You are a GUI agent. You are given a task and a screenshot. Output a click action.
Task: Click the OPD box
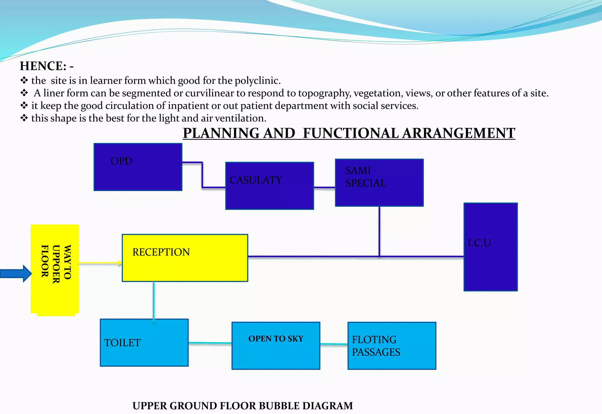[138, 167]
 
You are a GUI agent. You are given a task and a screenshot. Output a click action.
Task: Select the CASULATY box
[269, 186]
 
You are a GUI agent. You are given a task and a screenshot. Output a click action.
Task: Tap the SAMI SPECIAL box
[379, 183]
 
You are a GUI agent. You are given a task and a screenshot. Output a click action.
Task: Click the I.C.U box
[490, 247]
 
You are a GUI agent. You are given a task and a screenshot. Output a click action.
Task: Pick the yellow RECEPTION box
[185, 258]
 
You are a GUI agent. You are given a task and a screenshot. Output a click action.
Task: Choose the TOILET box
[144, 343]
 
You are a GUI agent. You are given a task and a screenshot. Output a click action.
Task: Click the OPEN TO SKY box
[276, 346]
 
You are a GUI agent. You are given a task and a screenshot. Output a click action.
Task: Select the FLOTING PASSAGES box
[392, 346]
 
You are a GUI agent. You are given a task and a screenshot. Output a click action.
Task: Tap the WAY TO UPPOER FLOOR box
[55, 269]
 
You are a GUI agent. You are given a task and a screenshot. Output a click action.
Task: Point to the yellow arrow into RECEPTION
[100, 263]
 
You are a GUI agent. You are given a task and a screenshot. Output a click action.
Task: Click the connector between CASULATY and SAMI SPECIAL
[325, 187]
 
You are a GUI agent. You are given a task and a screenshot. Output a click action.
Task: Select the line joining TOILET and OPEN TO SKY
[210, 343]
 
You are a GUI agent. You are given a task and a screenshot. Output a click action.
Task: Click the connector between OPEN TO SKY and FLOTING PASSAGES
[334, 344]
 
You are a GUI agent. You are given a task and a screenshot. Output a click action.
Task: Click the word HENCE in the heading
[43, 66]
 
